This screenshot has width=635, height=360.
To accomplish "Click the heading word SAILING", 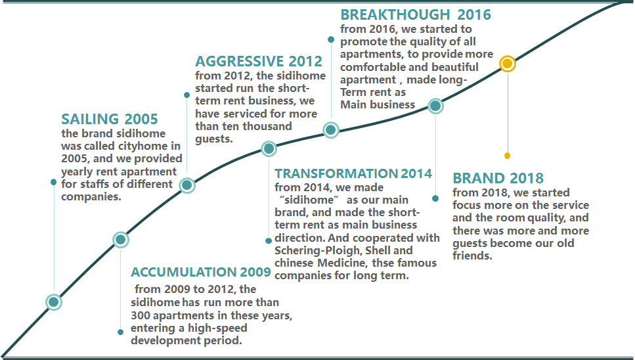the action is click(90, 119).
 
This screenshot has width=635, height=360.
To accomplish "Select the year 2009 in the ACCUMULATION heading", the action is click(255, 272).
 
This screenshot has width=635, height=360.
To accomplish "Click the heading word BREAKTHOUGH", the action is click(395, 14).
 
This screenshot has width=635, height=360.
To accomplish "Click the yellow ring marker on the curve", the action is click(508, 64).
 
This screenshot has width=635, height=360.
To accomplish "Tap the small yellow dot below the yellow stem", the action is click(507, 156).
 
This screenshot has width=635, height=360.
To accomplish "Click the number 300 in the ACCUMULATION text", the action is click(141, 315).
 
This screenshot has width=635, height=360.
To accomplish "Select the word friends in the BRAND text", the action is click(472, 256).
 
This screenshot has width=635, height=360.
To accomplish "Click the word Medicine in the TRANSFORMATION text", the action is click(341, 263).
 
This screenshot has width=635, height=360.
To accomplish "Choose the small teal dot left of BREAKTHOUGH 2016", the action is click(331, 39).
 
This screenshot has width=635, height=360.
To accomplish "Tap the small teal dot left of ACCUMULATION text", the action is click(120, 332).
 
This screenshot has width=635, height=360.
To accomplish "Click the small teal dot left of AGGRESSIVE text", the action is click(186, 95).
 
